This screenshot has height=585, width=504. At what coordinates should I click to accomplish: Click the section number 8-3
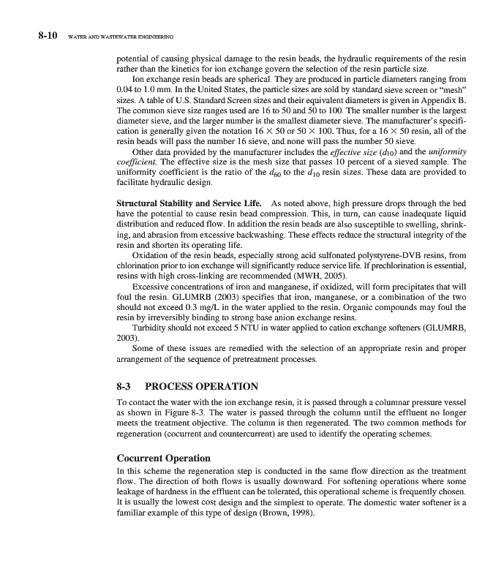coord(129,385)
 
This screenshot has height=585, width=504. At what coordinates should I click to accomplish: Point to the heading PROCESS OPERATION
coord(202,385)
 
